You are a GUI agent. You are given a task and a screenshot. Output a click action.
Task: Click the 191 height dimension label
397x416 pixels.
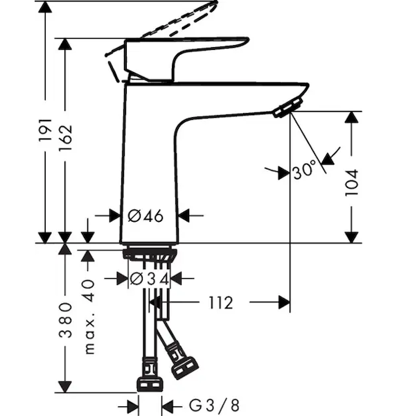(45, 130)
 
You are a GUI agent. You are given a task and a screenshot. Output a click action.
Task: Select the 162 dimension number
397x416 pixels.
(65, 137)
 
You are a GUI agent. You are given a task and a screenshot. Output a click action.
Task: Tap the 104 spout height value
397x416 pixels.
(351, 182)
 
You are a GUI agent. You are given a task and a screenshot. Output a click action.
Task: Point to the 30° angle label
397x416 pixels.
(305, 170)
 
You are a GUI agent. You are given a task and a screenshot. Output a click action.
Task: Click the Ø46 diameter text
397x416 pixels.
(145, 216)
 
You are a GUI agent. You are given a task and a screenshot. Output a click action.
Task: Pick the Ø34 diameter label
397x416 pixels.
(149, 279)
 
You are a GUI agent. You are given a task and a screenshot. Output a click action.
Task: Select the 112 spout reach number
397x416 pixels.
(220, 302)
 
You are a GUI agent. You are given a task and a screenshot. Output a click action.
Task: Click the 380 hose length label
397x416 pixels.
(65, 320)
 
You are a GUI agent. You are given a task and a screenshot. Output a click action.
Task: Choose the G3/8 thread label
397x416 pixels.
(214, 405)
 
